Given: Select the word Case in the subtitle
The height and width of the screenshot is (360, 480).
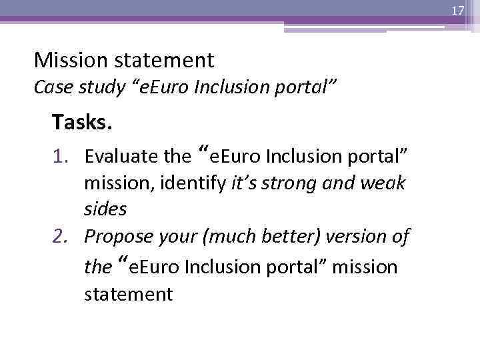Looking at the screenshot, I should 49,87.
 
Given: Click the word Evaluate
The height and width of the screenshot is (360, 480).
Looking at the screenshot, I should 121,157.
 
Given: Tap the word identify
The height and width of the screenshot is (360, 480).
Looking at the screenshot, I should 199,183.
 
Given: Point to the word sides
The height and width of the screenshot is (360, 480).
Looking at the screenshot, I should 105,209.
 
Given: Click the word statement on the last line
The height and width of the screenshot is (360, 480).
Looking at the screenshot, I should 128,294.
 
